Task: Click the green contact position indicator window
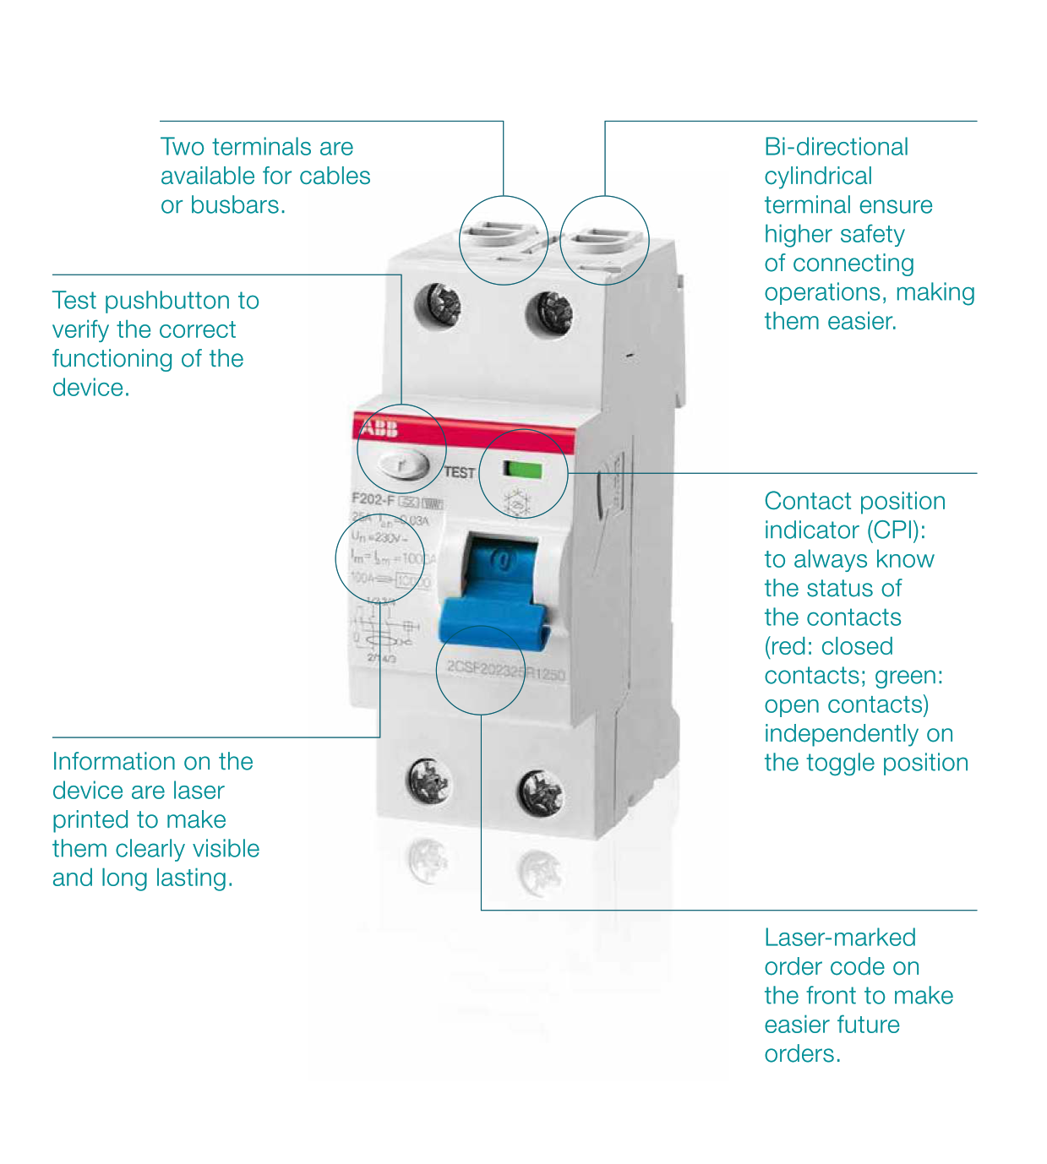click(x=522, y=470)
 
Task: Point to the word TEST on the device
click(x=459, y=473)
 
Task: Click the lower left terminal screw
click(x=429, y=779)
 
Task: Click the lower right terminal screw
click(x=540, y=791)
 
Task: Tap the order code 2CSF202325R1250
click(x=505, y=671)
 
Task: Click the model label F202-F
click(x=373, y=500)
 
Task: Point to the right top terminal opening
click(x=603, y=241)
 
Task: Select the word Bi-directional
click(x=836, y=147)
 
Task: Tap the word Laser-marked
click(x=840, y=938)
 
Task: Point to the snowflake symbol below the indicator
click(x=516, y=503)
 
